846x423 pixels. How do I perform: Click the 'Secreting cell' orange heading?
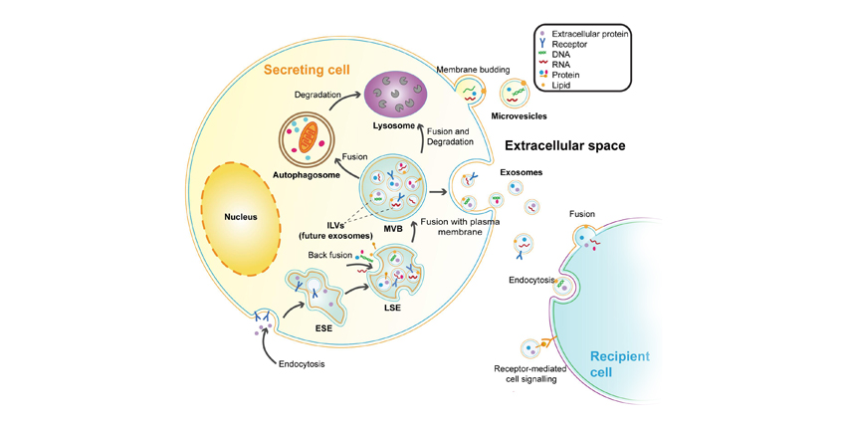pos(312,71)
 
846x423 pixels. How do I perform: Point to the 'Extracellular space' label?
pos(564,145)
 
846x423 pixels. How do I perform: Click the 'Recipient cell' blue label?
pos(621,364)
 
